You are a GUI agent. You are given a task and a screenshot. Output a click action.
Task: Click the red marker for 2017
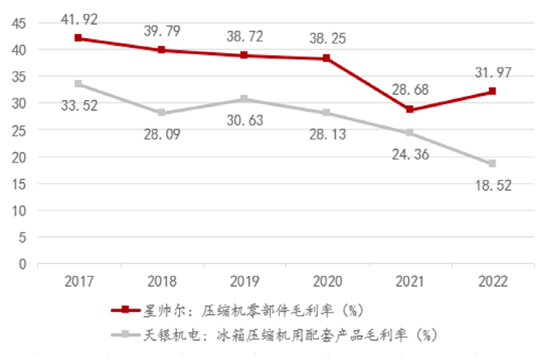(78, 38)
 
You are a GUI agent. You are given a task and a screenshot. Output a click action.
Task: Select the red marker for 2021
(410, 109)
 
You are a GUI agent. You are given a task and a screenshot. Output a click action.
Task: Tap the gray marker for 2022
(492, 164)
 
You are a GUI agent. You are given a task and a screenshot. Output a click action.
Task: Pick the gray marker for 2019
(244, 99)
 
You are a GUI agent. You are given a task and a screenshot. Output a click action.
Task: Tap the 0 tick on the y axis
(22, 264)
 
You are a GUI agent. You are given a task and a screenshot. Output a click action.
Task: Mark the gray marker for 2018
(161, 112)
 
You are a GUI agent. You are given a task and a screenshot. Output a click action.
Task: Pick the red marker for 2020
(327, 58)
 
